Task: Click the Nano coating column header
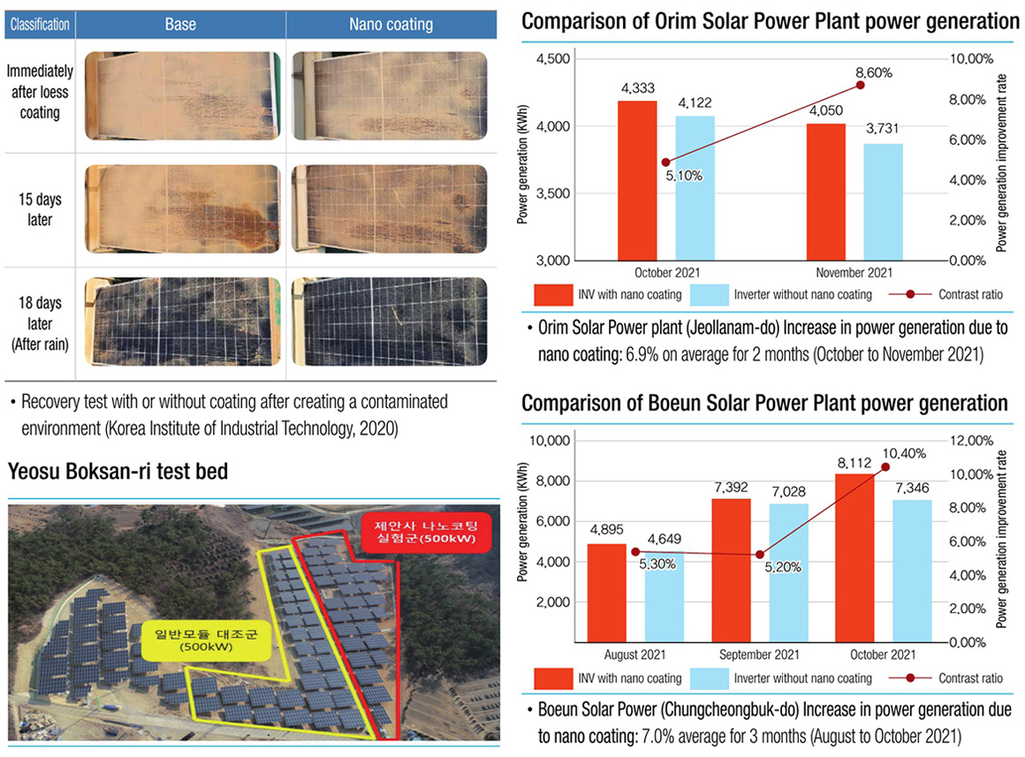[391, 25]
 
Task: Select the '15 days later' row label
[40, 209]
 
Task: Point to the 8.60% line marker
[860, 85]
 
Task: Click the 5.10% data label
[685, 176]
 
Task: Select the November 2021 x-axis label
[854, 273]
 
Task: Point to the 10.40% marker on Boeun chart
[886, 466]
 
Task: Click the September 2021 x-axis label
[759, 655]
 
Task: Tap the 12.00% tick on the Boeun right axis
[973, 441]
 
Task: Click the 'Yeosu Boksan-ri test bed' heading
[118, 471]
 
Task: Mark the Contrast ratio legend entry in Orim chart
[945, 294]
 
